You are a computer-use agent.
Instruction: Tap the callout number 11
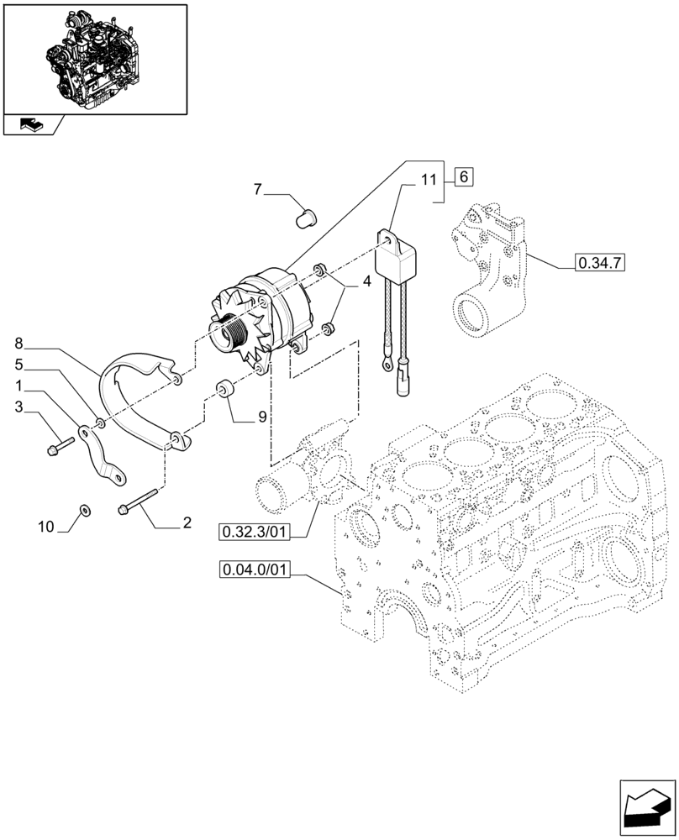click(429, 180)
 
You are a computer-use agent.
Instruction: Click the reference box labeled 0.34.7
click(600, 264)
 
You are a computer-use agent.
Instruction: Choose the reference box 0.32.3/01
click(255, 532)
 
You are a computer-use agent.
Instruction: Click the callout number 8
click(19, 343)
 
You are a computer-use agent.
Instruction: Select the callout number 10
click(46, 527)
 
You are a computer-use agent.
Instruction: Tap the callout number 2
click(186, 522)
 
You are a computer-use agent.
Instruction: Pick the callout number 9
click(263, 415)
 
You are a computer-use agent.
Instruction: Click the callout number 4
click(366, 285)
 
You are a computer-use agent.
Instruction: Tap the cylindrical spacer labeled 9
click(225, 391)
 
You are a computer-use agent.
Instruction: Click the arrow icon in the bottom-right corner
click(646, 808)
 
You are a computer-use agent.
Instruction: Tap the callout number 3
click(19, 407)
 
